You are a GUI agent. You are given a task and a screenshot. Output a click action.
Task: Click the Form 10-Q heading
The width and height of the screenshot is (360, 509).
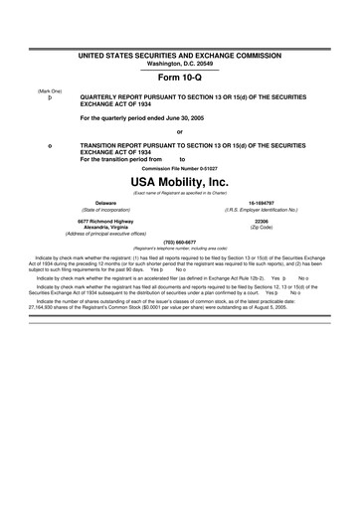(x=179, y=77)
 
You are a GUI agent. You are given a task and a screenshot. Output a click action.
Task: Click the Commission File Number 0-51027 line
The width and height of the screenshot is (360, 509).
(x=179, y=167)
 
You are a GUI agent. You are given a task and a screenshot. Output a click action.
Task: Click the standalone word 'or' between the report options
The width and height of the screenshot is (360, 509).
(x=179, y=131)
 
